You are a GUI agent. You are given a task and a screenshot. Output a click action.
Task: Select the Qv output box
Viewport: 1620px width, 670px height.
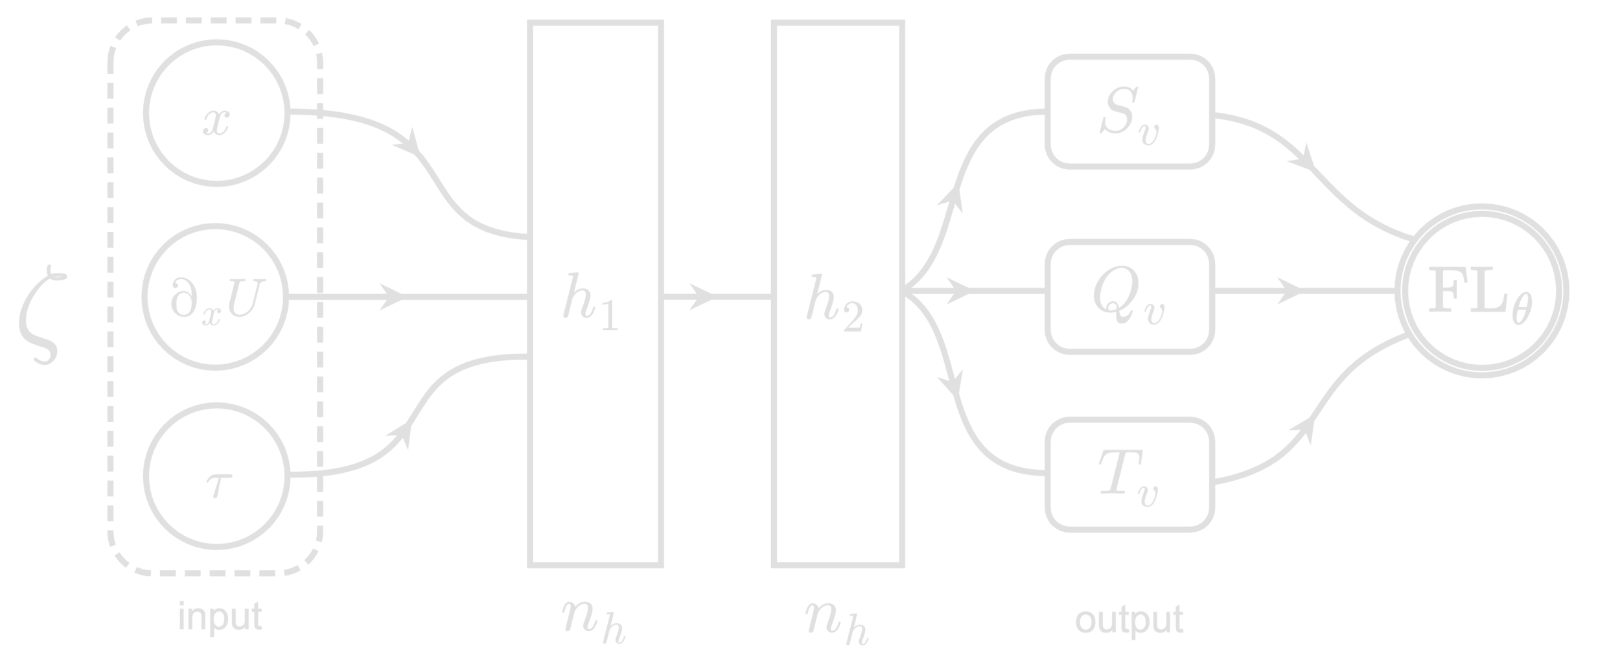[1129, 296]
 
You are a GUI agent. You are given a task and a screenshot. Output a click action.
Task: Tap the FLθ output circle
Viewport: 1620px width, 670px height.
[1481, 298]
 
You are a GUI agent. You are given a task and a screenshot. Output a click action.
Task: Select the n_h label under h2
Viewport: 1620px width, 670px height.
[836, 622]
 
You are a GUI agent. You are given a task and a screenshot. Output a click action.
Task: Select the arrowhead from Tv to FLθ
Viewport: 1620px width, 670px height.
[1304, 430]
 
